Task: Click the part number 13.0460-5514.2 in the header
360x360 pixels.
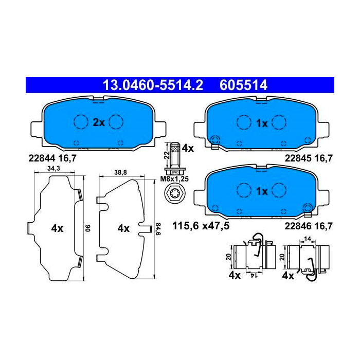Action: point(153,85)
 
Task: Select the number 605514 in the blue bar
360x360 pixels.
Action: point(243,85)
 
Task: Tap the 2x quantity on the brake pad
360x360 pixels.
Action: point(99,122)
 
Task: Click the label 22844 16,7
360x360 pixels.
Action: point(52,158)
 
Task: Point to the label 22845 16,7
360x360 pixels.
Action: point(309,158)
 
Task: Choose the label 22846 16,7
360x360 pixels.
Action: point(309,226)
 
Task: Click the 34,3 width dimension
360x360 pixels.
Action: point(53,169)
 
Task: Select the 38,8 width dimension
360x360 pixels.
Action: point(120,172)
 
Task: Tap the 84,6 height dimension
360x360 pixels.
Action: point(158,229)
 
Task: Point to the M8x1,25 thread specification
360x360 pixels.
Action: point(174,179)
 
